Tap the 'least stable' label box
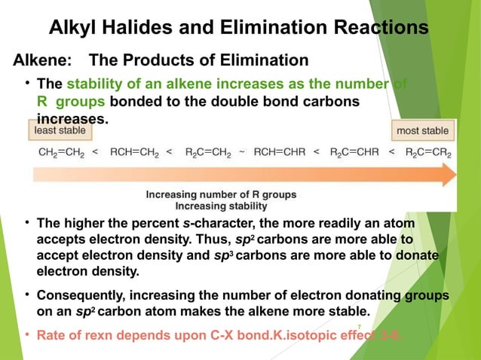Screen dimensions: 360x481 tap(61, 131)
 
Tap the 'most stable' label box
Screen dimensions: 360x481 tap(423, 131)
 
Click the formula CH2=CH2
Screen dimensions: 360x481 tap(61, 152)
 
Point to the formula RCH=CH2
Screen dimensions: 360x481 tap(134, 152)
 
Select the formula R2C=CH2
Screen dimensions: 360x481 tap(207, 152)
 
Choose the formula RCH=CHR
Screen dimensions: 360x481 tap(280, 152)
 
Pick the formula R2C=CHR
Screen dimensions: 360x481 tap(354, 152)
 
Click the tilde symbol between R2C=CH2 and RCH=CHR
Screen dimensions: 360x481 tap(242, 152)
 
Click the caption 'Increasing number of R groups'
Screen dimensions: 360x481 tap(221, 194)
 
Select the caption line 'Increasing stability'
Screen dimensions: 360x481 tap(221, 206)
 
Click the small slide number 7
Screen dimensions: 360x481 tap(359, 326)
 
